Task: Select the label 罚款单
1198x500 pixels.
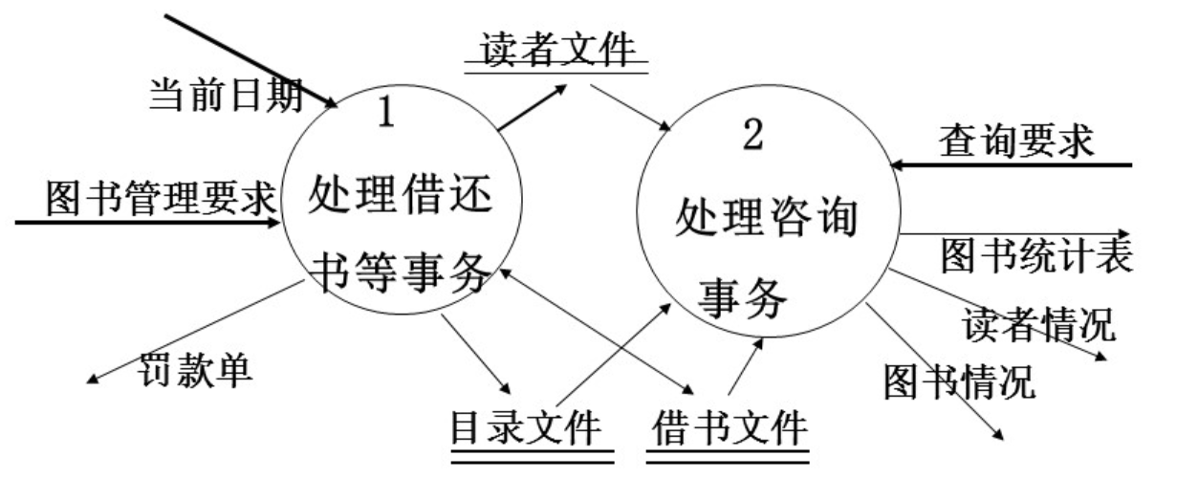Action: (x=197, y=370)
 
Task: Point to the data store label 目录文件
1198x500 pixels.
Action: (x=527, y=426)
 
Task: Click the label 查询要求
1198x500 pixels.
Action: (x=1015, y=141)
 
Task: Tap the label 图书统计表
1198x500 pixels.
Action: (x=1036, y=255)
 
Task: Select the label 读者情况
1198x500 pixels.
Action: (x=1037, y=324)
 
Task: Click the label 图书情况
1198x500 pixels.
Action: (x=958, y=380)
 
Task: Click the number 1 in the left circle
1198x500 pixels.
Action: (x=386, y=113)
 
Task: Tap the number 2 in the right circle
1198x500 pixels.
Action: (x=752, y=137)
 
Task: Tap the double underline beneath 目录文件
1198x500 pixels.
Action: (x=532, y=458)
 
